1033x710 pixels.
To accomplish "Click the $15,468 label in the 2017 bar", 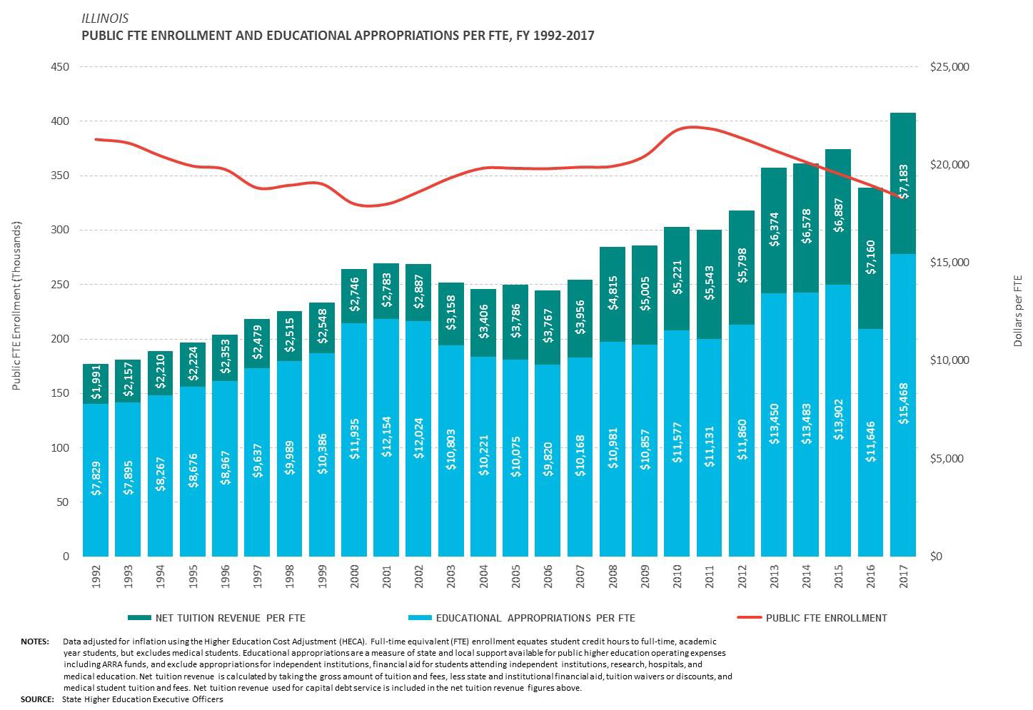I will coord(904,404).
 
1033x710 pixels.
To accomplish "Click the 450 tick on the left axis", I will coord(60,67).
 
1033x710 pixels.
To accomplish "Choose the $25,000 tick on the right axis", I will coord(949,67).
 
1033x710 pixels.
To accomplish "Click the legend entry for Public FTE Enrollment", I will coord(826,618).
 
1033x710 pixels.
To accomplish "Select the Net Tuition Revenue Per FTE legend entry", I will coord(230,618).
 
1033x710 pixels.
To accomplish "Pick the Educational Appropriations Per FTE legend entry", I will coord(535,618).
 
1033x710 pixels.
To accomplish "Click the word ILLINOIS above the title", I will coord(105,19).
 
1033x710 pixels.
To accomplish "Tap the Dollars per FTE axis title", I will coord(1018,311).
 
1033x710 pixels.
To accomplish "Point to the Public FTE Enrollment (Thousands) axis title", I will coord(16,305).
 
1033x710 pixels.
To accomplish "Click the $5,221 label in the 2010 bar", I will coord(677,277).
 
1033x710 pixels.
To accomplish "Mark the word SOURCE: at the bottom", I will coord(37,699).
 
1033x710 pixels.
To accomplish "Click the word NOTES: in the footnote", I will coord(34,641).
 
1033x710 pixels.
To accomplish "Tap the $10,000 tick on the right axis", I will coord(949,360).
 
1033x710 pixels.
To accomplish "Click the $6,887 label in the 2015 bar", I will coord(839,215).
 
